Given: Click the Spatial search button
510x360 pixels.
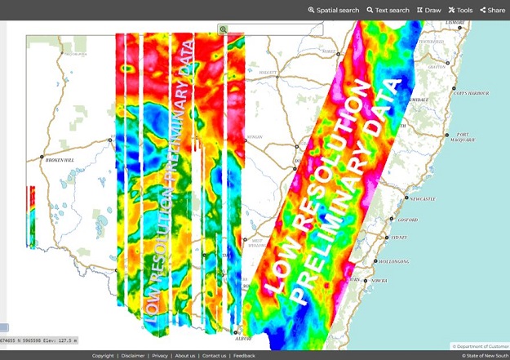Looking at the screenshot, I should point(333,11).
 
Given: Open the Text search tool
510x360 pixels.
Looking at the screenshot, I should point(388,11).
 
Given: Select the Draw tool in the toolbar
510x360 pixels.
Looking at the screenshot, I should point(428,11).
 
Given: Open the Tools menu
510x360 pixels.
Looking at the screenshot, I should point(460,11).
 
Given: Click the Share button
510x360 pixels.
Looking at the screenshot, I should point(492,11).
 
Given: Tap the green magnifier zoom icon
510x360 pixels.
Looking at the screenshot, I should point(223,29).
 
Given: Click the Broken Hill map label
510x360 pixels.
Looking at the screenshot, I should point(60,160).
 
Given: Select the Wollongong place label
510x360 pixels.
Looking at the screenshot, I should point(395,261).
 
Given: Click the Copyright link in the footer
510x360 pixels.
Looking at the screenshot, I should point(103,356).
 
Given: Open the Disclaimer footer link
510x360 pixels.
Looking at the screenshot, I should point(134,356).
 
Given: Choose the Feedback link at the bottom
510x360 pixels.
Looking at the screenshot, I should point(244,356).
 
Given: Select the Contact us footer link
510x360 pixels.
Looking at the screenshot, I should point(214,356).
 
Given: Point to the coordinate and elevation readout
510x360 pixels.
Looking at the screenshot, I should point(38,340).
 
